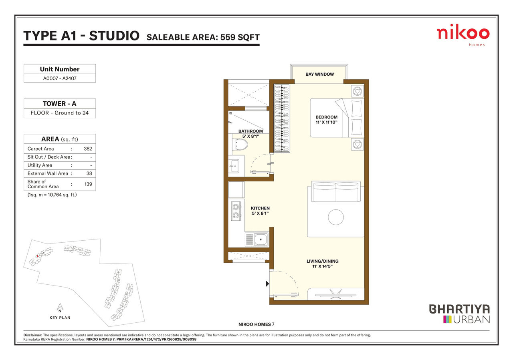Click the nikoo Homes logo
click(463, 35)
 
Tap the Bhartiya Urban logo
click(460, 314)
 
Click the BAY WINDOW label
click(319, 74)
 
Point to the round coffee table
click(336, 217)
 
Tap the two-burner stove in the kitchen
click(236, 211)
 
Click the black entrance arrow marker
click(267, 284)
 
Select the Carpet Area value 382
click(88, 149)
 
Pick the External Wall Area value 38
click(89, 173)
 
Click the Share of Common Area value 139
click(88, 184)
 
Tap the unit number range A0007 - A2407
click(60, 78)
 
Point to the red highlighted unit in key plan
click(37, 256)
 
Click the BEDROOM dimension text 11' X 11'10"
click(326, 122)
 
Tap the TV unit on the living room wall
click(335, 295)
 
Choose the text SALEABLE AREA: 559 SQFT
click(203, 37)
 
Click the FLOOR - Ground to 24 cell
click(60, 113)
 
